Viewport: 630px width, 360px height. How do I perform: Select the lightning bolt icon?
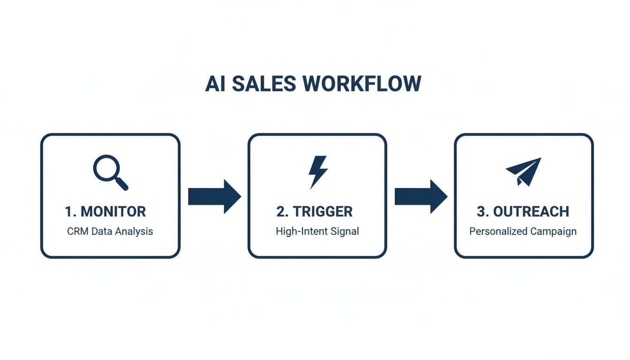tap(317, 172)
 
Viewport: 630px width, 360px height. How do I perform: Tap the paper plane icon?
tap(524, 171)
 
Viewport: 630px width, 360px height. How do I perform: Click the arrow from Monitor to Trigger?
tap(214, 196)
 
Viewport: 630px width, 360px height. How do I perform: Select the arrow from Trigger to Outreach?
tap(420, 196)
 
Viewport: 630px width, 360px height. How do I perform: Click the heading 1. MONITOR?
tap(105, 211)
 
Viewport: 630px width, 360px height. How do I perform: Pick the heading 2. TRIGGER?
tap(315, 211)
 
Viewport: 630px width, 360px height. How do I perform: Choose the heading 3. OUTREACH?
tap(523, 211)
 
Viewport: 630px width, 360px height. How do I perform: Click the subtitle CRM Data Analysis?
tap(110, 231)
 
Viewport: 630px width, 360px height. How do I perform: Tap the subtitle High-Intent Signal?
tap(317, 231)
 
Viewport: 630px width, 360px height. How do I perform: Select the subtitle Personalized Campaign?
tap(523, 231)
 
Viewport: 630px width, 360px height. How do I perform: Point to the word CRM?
tap(77, 231)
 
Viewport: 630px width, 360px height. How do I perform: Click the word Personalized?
tap(498, 231)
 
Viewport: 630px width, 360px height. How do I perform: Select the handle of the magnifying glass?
tap(122, 184)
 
